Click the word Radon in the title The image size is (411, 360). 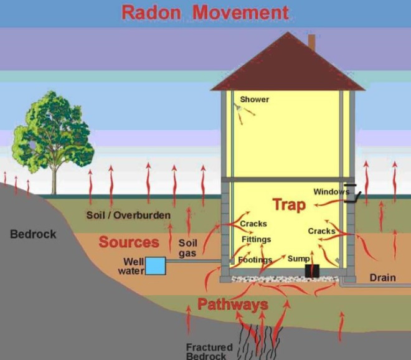[151, 12]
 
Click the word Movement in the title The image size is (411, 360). [240, 12]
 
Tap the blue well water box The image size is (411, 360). [156, 266]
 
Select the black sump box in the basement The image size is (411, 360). [312, 270]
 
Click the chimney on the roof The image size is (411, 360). [311, 42]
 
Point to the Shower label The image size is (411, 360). [255, 100]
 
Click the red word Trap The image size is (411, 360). [289, 205]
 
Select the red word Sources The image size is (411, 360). [129, 242]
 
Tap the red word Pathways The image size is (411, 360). [233, 305]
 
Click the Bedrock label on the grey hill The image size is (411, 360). [33, 234]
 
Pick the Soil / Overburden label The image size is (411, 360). [128, 216]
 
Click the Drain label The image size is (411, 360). [383, 278]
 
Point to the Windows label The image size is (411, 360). [331, 192]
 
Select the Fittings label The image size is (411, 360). [257, 239]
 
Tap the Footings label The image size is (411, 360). [255, 260]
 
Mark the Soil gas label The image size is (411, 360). [187, 248]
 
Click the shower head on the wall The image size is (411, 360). [237, 107]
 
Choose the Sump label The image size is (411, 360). [299, 259]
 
